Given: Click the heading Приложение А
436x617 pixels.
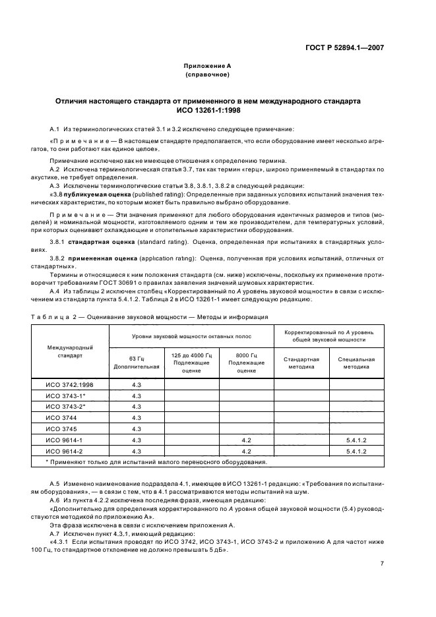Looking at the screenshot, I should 207,66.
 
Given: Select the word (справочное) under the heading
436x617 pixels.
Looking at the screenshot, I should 207,74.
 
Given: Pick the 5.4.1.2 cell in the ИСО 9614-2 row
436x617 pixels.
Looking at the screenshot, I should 356,451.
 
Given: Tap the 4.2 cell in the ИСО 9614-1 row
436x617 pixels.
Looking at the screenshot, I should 247,439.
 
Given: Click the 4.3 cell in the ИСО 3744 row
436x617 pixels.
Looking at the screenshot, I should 137,417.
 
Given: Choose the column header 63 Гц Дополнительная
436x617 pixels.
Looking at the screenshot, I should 137,362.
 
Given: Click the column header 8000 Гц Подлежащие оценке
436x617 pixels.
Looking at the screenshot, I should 247,362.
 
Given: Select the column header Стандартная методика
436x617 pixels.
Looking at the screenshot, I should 301,363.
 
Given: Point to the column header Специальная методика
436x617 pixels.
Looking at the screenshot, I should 356,363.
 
